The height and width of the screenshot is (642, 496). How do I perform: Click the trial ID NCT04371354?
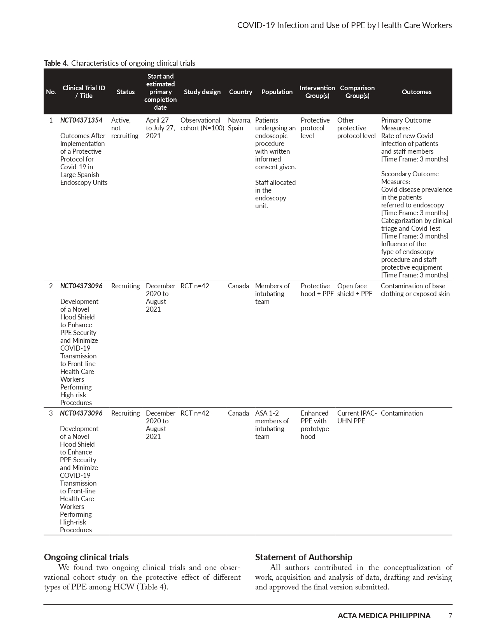[x=81, y=120]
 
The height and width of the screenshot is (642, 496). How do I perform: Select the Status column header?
[x=126, y=92]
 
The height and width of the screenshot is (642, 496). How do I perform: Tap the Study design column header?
[x=202, y=92]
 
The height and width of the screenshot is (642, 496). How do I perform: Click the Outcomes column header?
[x=416, y=92]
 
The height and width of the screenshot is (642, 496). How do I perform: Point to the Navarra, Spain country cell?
[x=239, y=124]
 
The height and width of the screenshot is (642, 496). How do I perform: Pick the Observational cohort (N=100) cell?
[x=202, y=124]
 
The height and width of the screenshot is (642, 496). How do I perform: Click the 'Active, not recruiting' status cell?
[x=124, y=128]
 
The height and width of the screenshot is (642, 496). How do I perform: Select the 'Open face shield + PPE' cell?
[x=354, y=290]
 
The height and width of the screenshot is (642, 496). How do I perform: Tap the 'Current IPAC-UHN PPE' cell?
[x=356, y=417]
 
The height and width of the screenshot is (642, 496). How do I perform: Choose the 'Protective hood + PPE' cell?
[x=317, y=290]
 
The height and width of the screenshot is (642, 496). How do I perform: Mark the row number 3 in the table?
[x=51, y=413]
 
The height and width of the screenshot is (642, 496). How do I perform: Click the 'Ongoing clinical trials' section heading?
[x=86, y=557]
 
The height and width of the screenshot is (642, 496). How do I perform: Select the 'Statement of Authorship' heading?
[x=303, y=557]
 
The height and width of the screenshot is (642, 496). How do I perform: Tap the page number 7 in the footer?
[x=450, y=616]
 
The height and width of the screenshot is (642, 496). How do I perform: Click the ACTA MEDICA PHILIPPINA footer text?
[x=384, y=616]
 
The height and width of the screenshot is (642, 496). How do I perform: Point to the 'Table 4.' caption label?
[x=56, y=63]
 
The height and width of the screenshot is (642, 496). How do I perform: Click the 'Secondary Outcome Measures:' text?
[x=409, y=178]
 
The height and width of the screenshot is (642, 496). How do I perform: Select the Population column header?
[x=277, y=92]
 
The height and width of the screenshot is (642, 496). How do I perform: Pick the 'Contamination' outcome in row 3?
[x=401, y=413]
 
